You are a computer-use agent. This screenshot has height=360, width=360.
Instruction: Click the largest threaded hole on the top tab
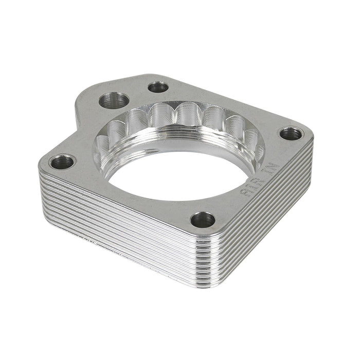point(114,100)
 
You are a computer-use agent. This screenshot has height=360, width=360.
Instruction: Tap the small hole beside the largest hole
point(158,87)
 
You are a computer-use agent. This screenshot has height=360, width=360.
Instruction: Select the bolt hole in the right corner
point(291,134)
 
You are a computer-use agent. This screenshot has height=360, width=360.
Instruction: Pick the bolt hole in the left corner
point(63,163)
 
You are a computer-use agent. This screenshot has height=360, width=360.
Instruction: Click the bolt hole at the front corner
point(203,220)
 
